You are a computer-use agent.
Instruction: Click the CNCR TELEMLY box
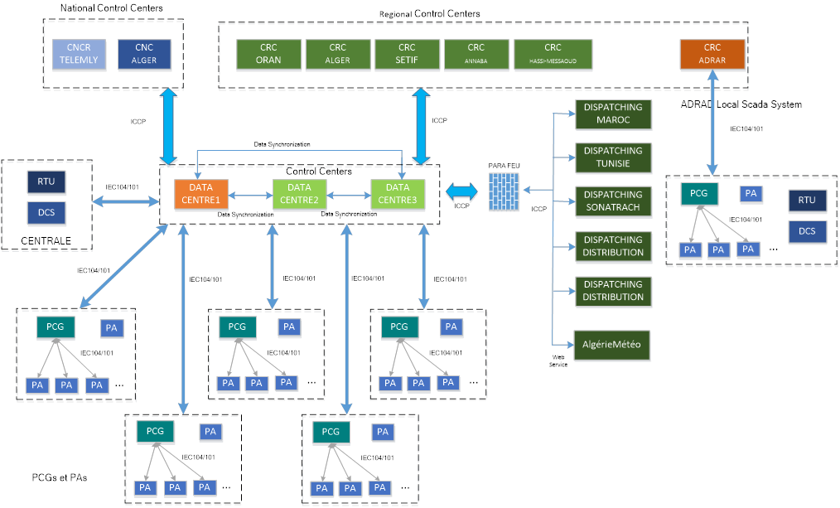77,54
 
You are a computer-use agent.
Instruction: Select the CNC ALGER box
144,54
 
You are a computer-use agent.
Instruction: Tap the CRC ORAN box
268,54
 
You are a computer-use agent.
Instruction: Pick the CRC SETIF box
406,54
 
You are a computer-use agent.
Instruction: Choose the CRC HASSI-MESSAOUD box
553,54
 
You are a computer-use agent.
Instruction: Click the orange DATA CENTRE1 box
200,194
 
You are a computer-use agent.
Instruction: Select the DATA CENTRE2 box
301,194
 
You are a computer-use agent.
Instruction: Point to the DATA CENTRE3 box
398,194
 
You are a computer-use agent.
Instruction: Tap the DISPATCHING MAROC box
613,114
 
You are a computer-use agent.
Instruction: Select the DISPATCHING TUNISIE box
613,157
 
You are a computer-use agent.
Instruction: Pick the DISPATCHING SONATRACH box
613,201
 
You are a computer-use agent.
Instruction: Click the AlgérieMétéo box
613,344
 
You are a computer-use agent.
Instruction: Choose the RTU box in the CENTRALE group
46,181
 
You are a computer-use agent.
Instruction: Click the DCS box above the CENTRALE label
46,213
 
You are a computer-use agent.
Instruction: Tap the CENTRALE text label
46,242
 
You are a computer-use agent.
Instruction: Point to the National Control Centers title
111,8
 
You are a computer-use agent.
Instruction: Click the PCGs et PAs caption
59,478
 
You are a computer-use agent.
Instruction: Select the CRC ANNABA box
476,54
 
